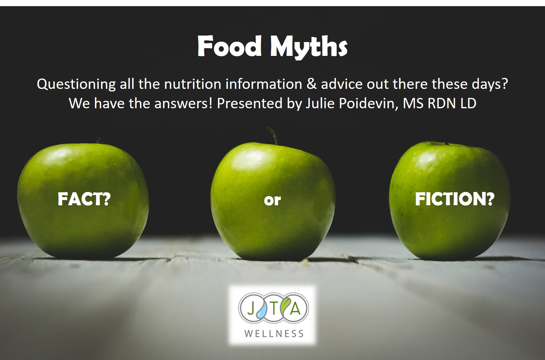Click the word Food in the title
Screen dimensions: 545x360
(x=230, y=46)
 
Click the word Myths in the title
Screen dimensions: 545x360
(x=309, y=48)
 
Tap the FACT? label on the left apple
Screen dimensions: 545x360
(x=84, y=199)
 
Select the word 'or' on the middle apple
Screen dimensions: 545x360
(x=272, y=200)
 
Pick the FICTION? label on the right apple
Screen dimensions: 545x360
(x=455, y=199)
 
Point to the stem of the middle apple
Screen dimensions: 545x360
(x=273, y=135)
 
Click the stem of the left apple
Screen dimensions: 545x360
(x=98, y=141)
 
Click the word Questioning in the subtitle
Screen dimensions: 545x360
(x=76, y=84)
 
